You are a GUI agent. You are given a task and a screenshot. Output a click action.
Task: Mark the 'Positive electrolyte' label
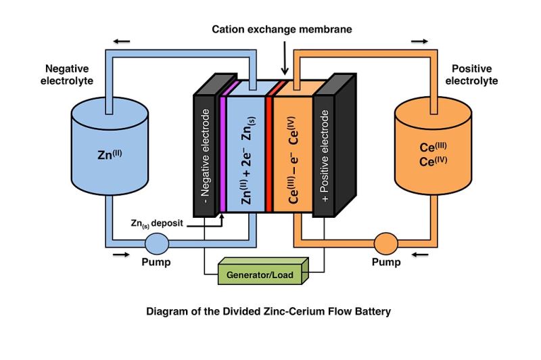[x=471, y=74]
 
